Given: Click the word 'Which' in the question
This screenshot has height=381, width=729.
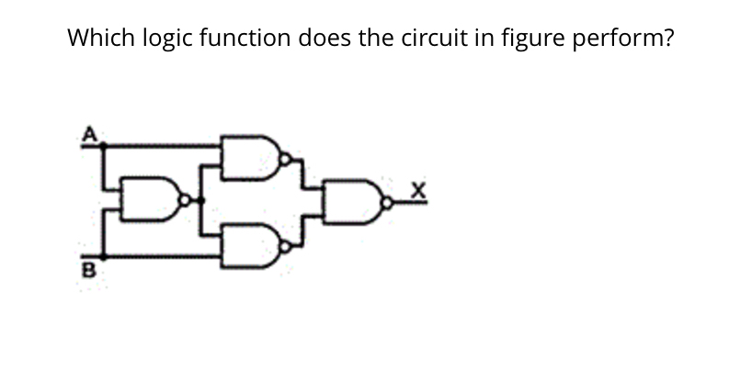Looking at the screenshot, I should tap(102, 39).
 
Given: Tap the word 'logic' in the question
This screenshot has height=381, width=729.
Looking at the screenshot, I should tap(168, 39).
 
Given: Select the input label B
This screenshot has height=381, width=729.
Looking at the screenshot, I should tap(89, 271).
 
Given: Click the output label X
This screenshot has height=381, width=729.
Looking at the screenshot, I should tap(418, 190).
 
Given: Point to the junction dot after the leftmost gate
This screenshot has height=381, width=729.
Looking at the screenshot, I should tap(203, 199).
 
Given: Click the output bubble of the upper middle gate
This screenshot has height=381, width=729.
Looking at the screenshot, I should tap(286, 158).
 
